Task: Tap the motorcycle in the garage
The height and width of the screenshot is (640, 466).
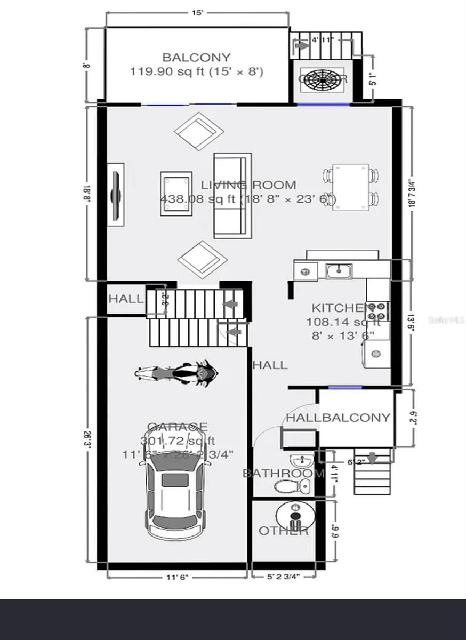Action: pyautogui.click(x=176, y=373)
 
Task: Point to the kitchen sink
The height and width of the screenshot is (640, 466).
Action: pyautogui.click(x=339, y=271)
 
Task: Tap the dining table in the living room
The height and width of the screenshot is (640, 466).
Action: pyautogui.click(x=350, y=187)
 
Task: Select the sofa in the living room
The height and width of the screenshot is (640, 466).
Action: pyautogui.click(x=232, y=195)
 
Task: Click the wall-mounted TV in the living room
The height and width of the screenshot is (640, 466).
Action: pyautogui.click(x=116, y=194)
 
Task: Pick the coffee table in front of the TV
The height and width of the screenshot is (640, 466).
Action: pyautogui.click(x=176, y=193)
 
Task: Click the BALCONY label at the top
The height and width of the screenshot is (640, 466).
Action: pyautogui.click(x=196, y=57)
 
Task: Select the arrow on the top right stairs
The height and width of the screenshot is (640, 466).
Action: pyautogui.click(x=301, y=46)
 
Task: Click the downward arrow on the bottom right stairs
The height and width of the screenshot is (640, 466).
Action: pyautogui.click(x=372, y=458)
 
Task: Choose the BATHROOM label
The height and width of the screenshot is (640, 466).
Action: pyautogui.click(x=283, y=474)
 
